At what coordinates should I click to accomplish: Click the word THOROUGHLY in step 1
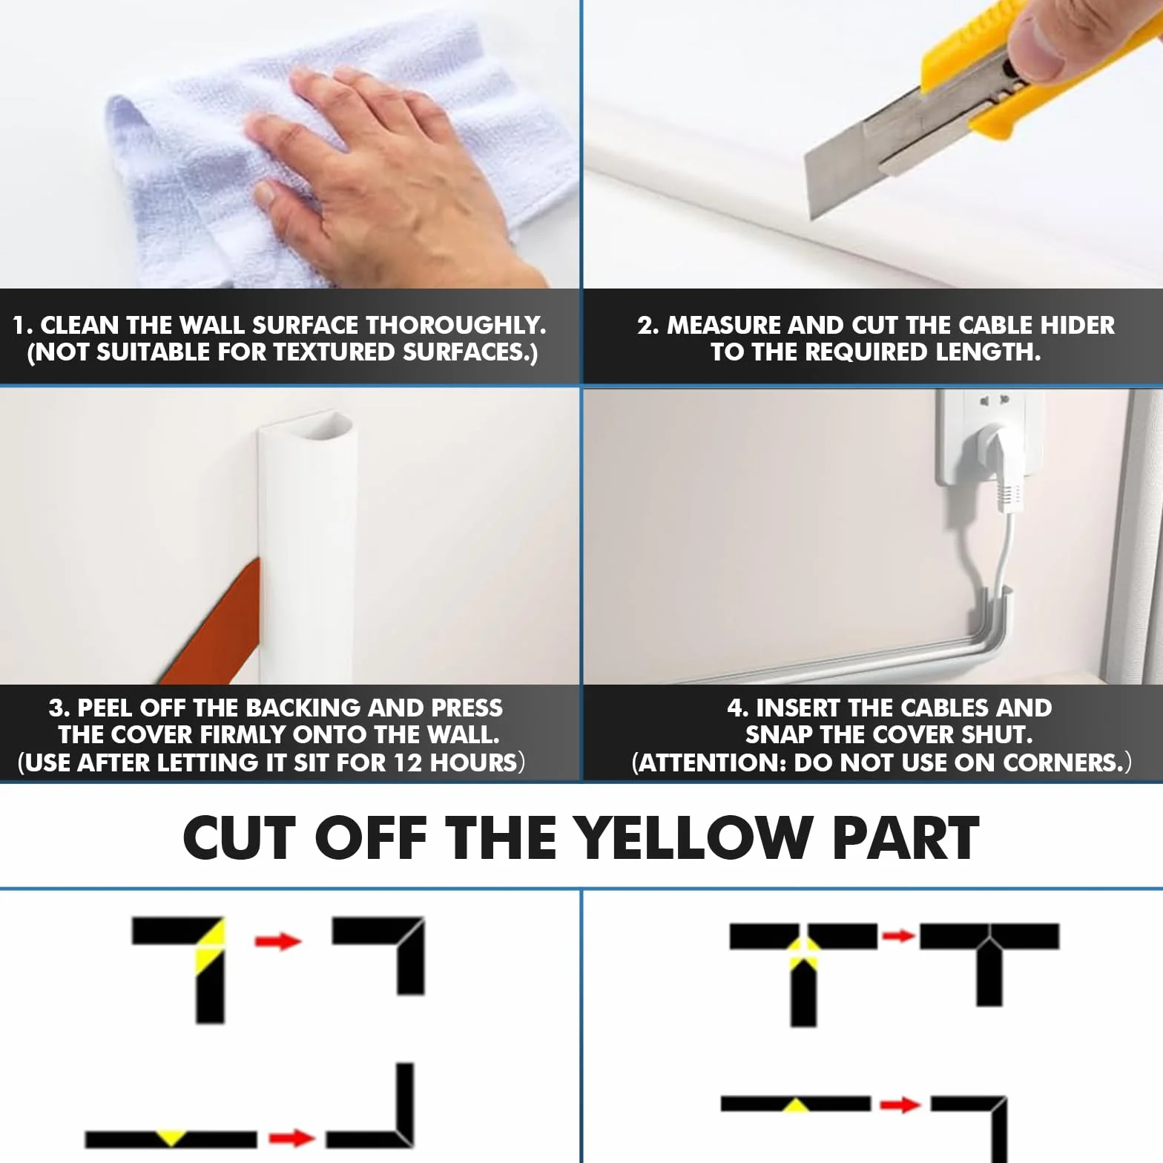point(455,325)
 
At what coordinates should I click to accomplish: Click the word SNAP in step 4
point(779,735)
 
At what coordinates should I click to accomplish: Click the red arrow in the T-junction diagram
point(898,935)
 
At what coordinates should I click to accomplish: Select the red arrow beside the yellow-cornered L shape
point(278,941)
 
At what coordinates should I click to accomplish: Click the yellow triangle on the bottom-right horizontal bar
point(797,1107)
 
